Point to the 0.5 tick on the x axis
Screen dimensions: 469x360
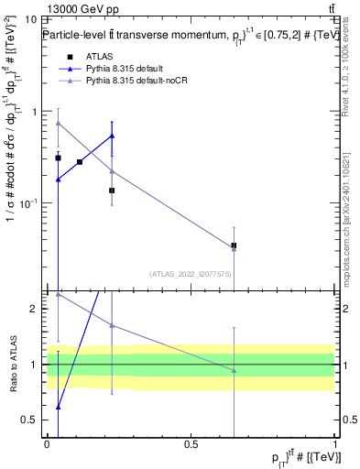point(191,442)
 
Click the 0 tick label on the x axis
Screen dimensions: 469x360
point(47,442)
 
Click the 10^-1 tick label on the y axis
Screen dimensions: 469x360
point(27,202)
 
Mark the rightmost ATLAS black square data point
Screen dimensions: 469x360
point(234,245)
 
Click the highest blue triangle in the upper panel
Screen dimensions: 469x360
point(112,136)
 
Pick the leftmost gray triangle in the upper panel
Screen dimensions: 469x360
point(58,123)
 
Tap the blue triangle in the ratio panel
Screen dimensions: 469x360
point(58,407)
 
